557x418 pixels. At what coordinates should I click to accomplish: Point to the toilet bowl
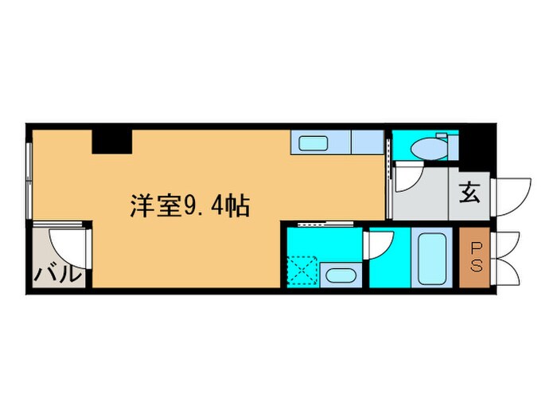(x=429, y=148)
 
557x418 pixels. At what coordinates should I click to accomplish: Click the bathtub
(x=434, y=257)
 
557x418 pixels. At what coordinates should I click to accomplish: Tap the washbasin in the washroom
(x=342, y=276)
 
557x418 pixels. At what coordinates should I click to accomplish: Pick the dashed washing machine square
(x=303, y=268)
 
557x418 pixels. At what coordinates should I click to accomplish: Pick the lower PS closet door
(x=508, y=271)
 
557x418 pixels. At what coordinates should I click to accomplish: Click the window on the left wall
(x=29, y=180)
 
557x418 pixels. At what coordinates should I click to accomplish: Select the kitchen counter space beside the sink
(x=366, y=143)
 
